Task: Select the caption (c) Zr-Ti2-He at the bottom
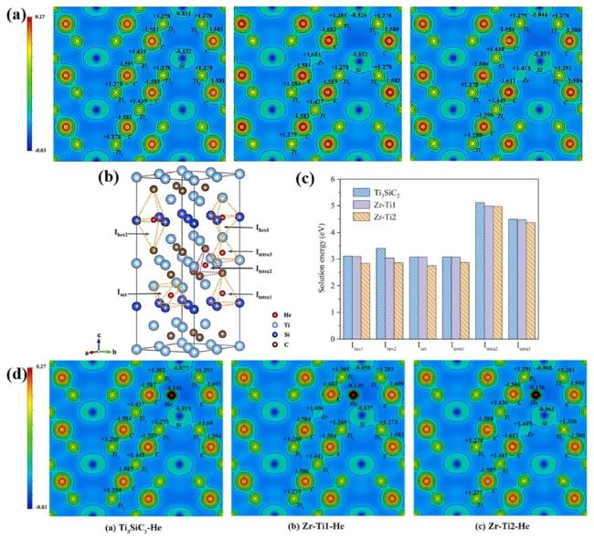tap(496, 528)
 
